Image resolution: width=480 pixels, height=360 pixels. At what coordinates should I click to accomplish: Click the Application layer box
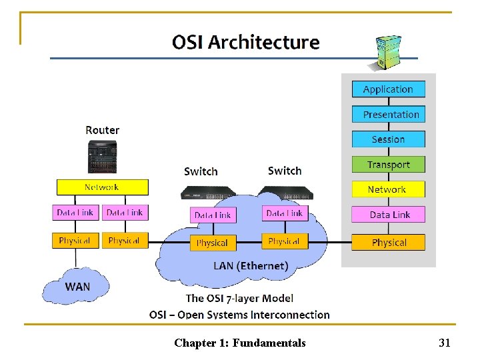[388, 89]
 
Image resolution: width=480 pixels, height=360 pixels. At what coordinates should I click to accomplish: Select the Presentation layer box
[388, 115]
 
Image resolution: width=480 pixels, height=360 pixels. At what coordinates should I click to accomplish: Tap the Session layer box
[388, 139]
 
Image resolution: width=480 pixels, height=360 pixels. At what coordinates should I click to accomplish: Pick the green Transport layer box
[388, 165]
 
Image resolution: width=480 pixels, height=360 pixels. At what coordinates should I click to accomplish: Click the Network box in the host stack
[388, 189]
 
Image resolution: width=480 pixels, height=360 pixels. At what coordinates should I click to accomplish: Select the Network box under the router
[102, 187]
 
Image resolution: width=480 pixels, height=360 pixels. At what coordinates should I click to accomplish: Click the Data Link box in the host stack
[388, 215]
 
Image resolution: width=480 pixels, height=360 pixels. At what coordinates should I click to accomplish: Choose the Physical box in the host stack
[388, 243]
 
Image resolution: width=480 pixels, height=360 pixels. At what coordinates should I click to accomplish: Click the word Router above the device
[102, 130]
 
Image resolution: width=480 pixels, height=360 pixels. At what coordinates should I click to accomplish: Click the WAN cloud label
[77, 287]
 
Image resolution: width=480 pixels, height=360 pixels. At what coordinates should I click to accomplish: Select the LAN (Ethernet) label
[251, 266]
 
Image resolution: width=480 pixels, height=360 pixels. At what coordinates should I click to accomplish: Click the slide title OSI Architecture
[245, 43]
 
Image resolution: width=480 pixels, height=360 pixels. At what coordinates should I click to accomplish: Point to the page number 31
[445, 343]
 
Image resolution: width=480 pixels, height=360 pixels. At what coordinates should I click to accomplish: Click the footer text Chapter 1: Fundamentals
[240, 343]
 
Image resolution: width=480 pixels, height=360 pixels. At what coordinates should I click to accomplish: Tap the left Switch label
[201, 171]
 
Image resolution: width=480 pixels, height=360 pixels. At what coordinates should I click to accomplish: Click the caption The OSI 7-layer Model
[239, 298]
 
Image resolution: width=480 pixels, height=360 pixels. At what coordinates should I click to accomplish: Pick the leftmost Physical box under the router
[75, 241]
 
